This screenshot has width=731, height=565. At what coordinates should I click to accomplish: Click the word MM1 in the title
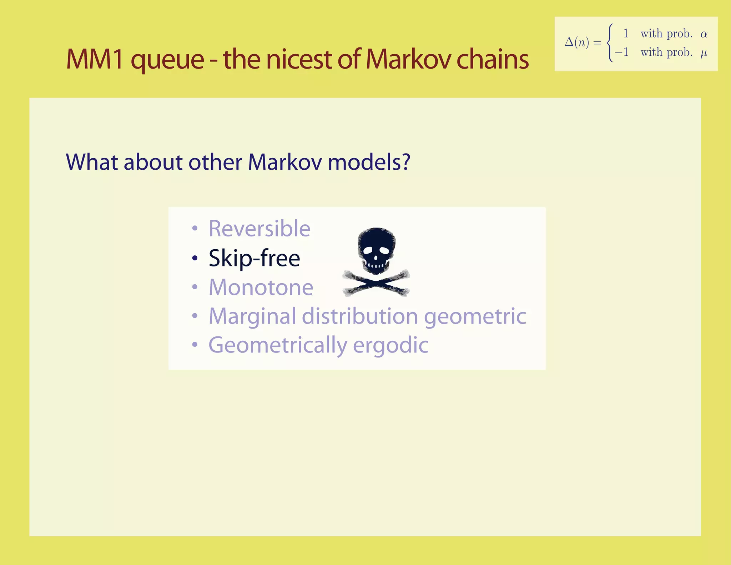[95, 59]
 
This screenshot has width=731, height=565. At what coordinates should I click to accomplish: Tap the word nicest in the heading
[299, 59]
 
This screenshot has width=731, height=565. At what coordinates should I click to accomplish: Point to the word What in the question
[92, 162]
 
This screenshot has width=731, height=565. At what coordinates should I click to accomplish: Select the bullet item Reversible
[259, 229]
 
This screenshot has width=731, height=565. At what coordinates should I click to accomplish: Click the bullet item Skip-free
[254, 258]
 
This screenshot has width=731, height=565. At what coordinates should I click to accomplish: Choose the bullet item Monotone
[261, 287]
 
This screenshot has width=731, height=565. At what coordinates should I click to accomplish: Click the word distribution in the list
[360, 316]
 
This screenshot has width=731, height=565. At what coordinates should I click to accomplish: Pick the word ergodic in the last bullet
[390, 345]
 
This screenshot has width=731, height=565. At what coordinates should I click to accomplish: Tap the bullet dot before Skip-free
[195, 258]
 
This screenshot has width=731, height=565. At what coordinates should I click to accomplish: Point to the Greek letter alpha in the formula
[704, 34]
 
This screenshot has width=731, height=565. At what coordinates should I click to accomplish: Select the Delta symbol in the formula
[569, 42]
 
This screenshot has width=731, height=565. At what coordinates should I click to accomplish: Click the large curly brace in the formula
[610, 43]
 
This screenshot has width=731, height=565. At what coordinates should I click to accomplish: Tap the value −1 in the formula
[622, 52]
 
